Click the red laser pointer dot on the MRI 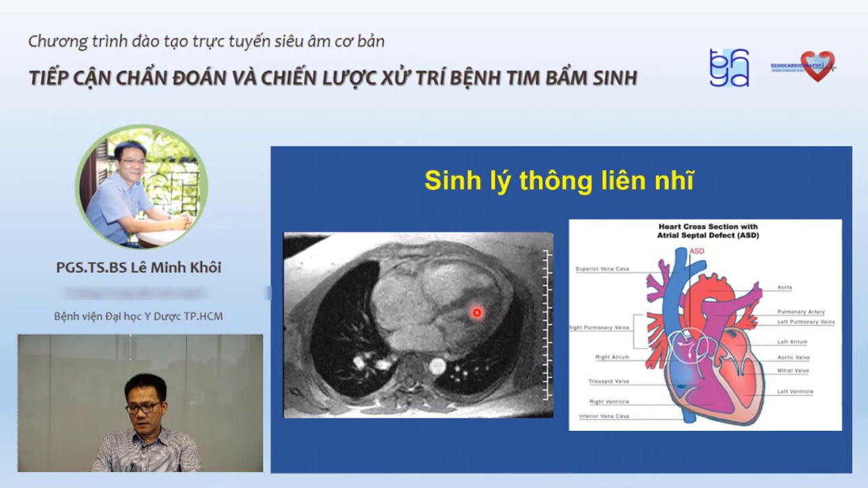[477, 312]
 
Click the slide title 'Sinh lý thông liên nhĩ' [559, 182]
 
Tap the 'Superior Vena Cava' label [602, 269]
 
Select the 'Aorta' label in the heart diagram [785, 287]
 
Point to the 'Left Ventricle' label [795, 392]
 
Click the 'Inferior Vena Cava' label [604, 416]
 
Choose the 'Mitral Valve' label [793, 371]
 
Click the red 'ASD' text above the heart [697, 251]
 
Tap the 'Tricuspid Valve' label [608, 382]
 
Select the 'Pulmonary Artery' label [801, 312]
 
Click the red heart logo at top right [817, 66]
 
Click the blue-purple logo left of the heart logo [728, 68]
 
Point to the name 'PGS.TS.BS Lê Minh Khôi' [138, 268]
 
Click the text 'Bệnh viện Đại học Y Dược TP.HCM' [138, 317]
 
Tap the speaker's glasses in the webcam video [143, 408]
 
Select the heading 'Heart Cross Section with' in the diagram [708, 227]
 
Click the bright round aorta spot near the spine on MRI [437, 367]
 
